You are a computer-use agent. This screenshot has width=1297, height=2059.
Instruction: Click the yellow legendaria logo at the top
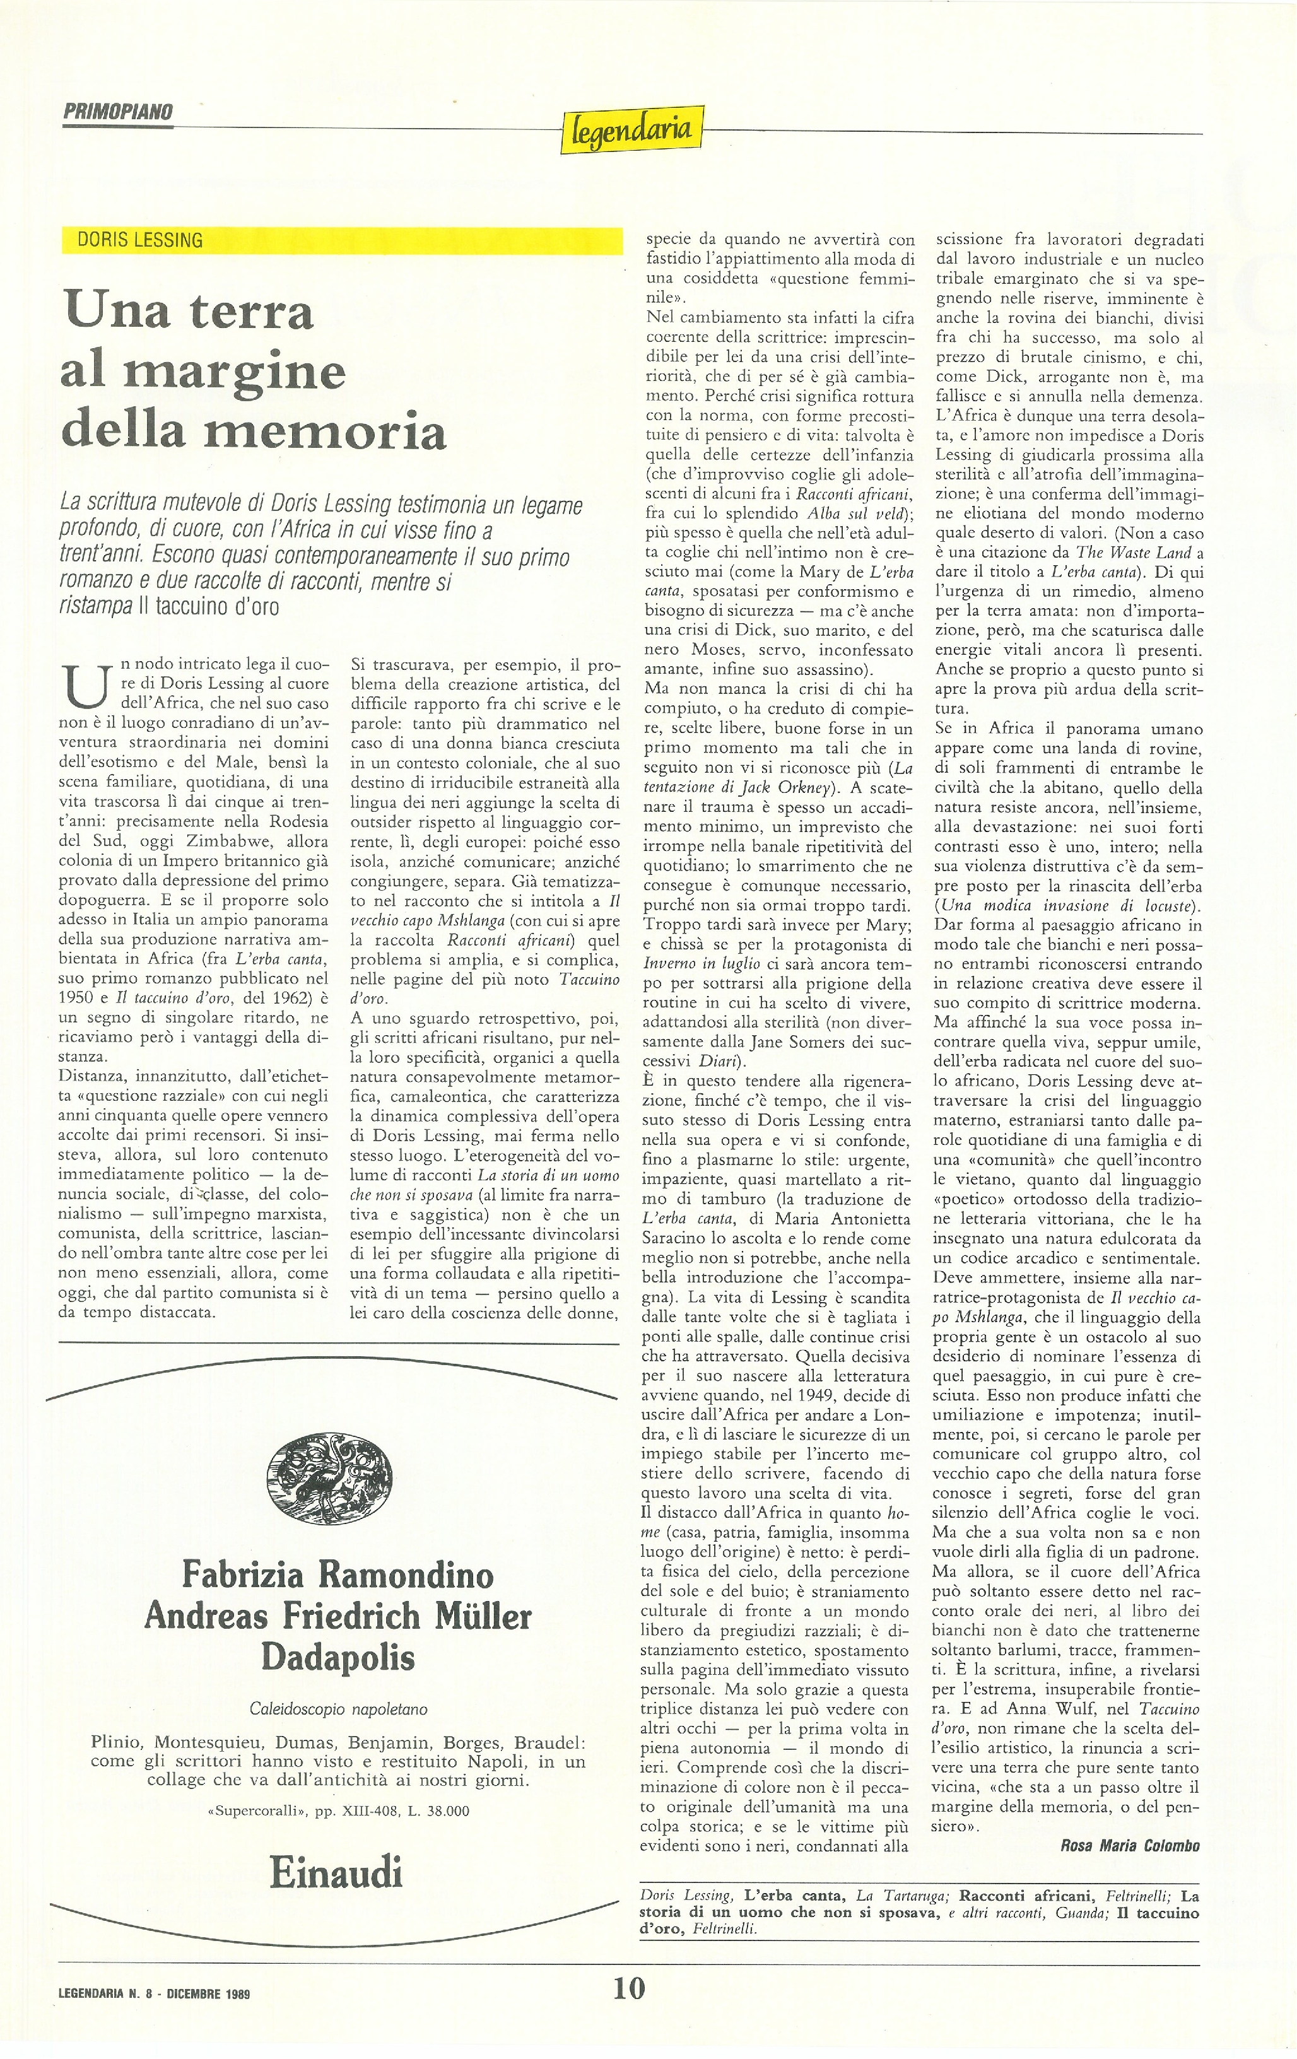(632, 129)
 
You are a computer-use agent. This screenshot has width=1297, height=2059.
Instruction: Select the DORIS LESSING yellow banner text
(140, 240)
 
